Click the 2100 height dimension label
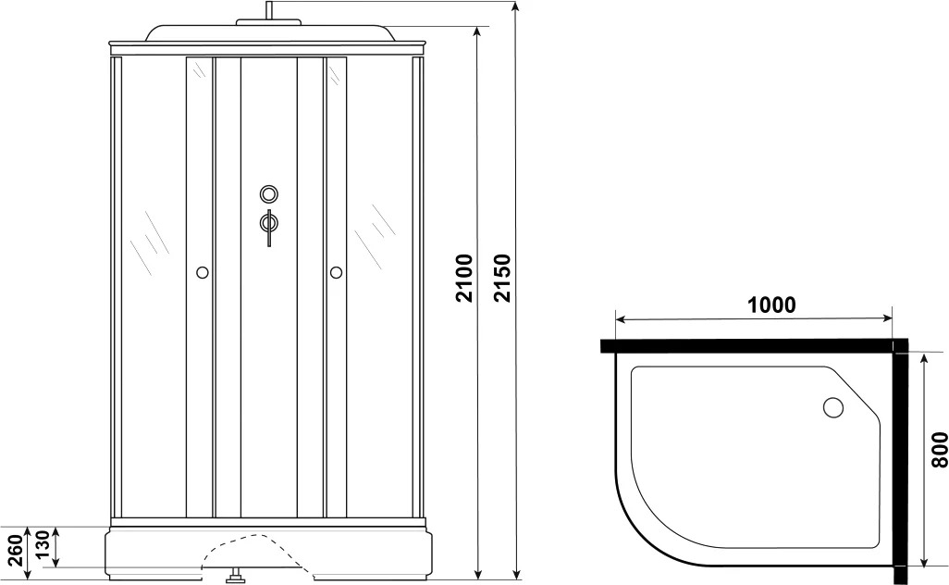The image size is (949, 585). tap(464, 278)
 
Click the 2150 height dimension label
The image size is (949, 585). tap(502, 278)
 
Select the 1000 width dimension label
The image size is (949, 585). tap(770, 305)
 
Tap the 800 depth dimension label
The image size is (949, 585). tap(940, 449)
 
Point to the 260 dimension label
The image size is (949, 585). tap(18, 548)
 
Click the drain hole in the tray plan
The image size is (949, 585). tap(833, 407)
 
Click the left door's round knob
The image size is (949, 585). tap(203, 272)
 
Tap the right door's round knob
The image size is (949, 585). tap(336, 272)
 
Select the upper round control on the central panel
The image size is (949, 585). tap(269, 194)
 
